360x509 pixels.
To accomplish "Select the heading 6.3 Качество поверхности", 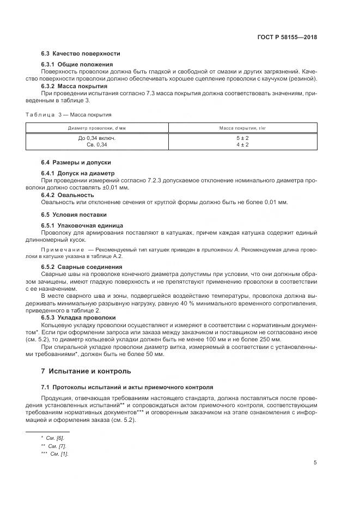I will click(x=81, y=53).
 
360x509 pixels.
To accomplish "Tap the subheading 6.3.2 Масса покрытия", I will click(x=74, y=86).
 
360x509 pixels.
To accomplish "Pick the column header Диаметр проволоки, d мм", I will click(x=97, y=127).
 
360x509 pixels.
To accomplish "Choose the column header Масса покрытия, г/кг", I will click(x=242, y=127).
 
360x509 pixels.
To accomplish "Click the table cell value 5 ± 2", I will click(x=242, y=138).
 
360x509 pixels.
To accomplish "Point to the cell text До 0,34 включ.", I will click(x=97, y=138).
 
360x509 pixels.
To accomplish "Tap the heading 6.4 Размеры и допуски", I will click(x=76, y=162).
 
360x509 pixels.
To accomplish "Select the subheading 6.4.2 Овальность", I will click(x=68, y=194).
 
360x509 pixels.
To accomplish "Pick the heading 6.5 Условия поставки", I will click(x=74, y=214).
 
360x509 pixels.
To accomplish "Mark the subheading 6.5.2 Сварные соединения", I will click(x=82, y=267).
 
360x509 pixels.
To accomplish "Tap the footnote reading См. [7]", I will click(x=53, y=446).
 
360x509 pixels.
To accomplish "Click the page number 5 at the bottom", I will click(x=315, y=463).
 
